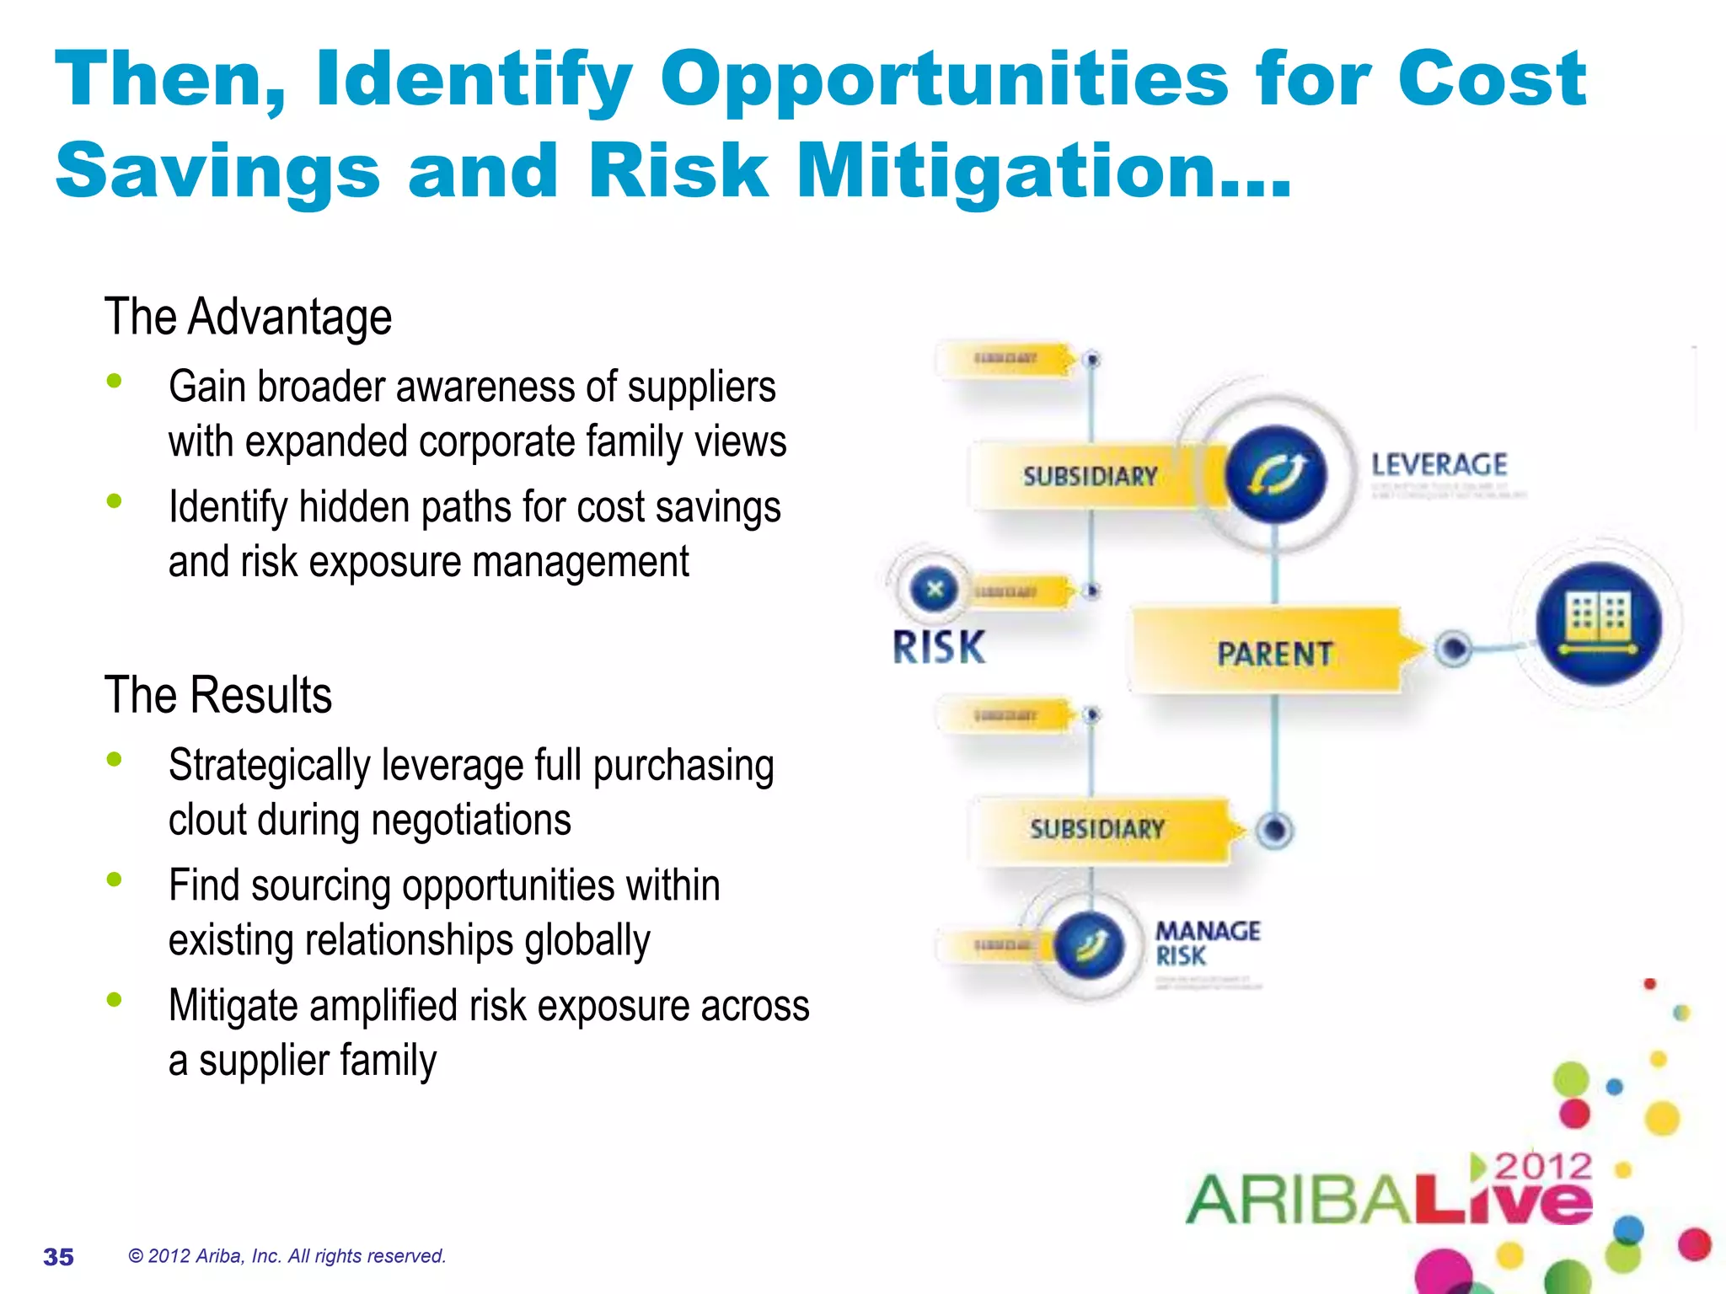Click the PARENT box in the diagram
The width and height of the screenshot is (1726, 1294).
click(x=1273, y=653)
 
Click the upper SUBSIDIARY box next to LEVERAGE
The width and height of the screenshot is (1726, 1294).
click(x=1090, y=476)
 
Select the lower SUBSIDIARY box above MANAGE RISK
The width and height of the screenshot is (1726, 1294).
click(x=1096, y=829)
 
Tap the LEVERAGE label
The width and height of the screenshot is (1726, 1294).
click(x=1439, y=464)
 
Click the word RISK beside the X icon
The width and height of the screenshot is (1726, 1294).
click(x=939, y=648)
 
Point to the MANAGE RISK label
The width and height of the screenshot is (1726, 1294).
click(x=1207, y=944)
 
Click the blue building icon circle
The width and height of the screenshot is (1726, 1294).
click(x=1598, y=624)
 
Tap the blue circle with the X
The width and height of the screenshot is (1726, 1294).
click(x=934, y=589)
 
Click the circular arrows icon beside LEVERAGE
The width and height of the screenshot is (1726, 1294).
click(x=1275, y=474)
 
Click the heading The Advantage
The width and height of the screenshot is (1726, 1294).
click(x=248, y=318)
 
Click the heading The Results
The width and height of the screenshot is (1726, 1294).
click(x=218, y=695)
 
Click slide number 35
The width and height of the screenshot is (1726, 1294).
click(x=58, y=1257)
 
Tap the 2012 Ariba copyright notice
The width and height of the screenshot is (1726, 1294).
click(x=287, y=1256)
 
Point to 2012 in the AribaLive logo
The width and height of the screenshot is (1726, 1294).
click(x=1542, y=1167)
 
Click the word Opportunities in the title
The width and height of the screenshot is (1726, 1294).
click(x=944, y=80)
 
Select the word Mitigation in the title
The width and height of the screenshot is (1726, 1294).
click(x=1043, y=171)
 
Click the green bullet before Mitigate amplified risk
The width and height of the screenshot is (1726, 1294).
click(x=115, y=1000)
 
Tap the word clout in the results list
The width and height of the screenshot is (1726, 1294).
click(x=207, y=820)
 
